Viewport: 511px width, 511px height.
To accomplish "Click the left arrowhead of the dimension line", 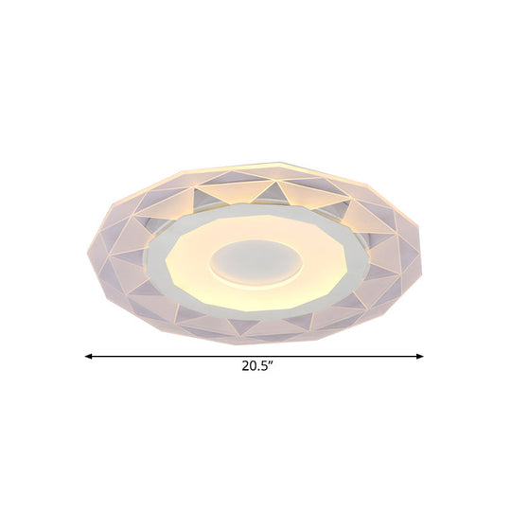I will tap(88, 357).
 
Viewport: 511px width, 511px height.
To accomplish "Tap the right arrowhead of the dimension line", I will tap(422, 357).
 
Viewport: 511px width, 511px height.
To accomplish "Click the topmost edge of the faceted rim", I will tap(255, 163).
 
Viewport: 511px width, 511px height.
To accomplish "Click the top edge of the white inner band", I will tap(255, 201).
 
